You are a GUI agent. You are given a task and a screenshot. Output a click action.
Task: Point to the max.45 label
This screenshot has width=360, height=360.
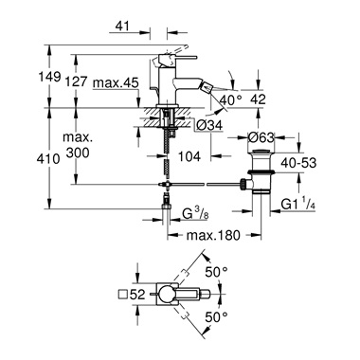point(117,83)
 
